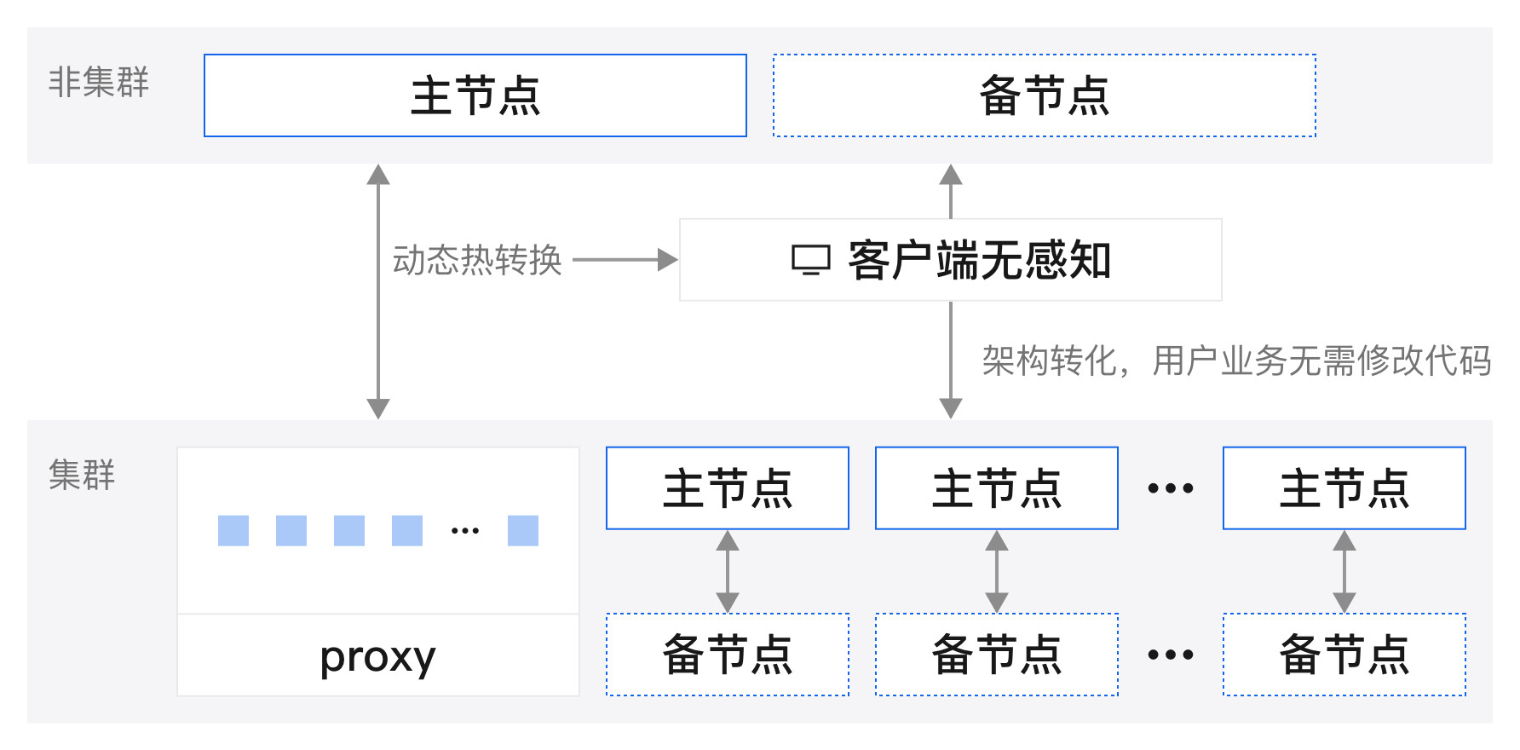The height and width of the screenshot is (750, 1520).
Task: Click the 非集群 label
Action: tap(98, 82)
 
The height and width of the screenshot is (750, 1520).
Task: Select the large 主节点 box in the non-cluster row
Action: tap(475, 95)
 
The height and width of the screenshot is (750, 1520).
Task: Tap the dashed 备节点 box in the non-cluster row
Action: tap(1044, 95)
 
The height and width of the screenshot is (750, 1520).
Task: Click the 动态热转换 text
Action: tap(477, 260)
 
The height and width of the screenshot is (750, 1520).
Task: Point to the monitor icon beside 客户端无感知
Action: tap(810, 260)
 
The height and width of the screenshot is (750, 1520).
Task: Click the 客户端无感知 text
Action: tap(980, 260)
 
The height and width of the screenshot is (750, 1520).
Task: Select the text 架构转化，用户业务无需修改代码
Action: tap(1235, 361)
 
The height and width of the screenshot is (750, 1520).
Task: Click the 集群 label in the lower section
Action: tap(81, 474)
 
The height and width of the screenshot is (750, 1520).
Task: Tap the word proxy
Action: tap(377, 656)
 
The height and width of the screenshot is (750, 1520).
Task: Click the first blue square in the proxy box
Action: tap(233, 530)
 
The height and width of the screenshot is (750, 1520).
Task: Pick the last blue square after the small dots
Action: tap(522, 530)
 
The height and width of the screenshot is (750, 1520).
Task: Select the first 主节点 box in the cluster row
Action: tap(727, 488)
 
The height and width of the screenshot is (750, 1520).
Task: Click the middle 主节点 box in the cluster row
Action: tap(996, 488)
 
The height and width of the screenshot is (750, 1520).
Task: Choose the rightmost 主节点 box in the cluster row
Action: tap(1344, 488)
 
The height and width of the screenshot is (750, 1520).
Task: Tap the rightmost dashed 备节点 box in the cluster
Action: tap(1344, 655)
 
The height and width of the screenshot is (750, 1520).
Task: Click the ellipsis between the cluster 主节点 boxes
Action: tap(1170, 488)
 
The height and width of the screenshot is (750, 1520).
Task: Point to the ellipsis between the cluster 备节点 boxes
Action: tap(1170, 655)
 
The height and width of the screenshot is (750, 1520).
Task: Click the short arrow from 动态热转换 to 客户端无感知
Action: tap(625, 260)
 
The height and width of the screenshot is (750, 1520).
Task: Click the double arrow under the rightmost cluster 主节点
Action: tap(1344, 571)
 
